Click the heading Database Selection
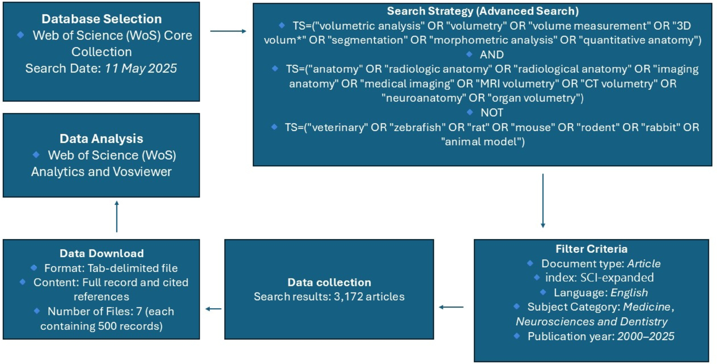point(101,19)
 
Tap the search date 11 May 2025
point(141,68)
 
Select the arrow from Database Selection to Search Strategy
point(228,31)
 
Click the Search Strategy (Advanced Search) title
point(483,11)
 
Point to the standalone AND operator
point(491,54)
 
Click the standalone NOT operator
point(491,112)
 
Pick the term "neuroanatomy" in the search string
point(423,98)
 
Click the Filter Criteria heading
point(591,249)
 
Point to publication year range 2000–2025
point(645,336)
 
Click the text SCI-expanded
point(617,278)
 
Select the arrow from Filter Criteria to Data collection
point(451,307)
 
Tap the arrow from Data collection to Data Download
point(213,309)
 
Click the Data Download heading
point(101,253)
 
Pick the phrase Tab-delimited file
point(132,268)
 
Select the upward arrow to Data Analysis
point(117,216)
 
